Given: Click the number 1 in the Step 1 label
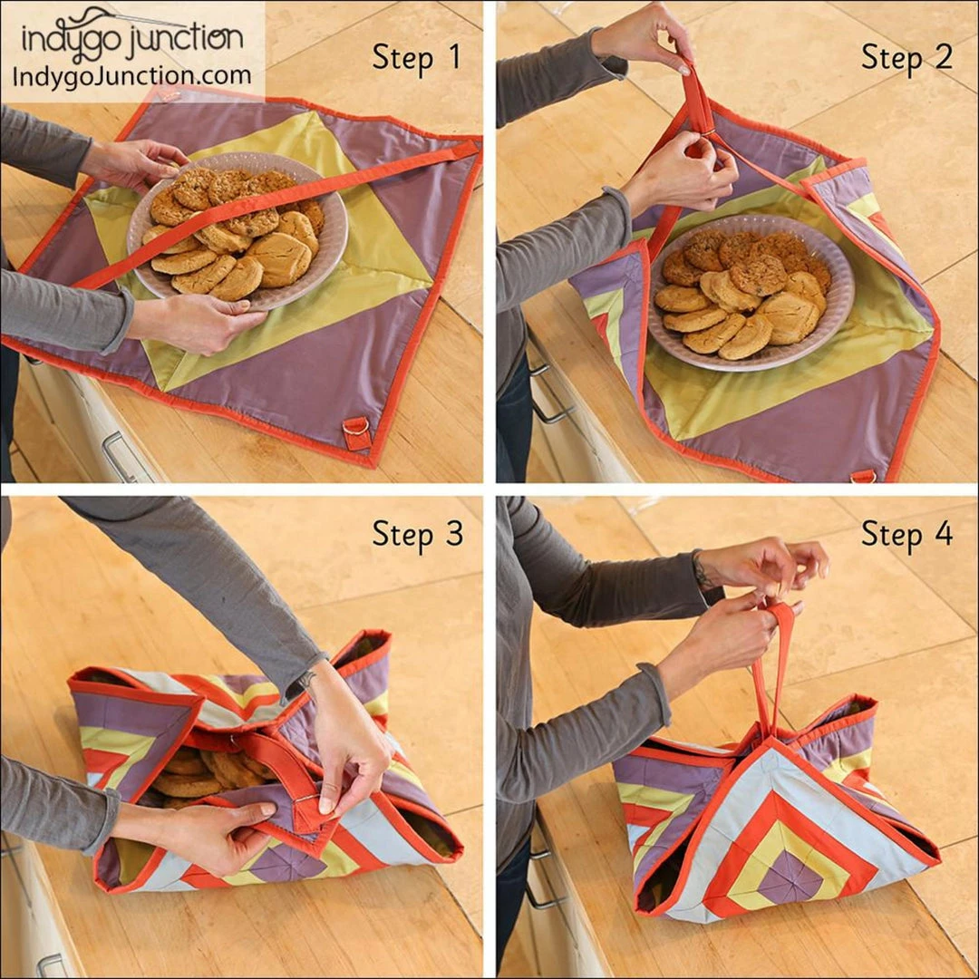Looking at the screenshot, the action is pos(454,57).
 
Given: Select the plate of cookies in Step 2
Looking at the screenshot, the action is pos(751,292).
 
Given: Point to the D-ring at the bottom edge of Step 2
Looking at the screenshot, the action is pos(863,476).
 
